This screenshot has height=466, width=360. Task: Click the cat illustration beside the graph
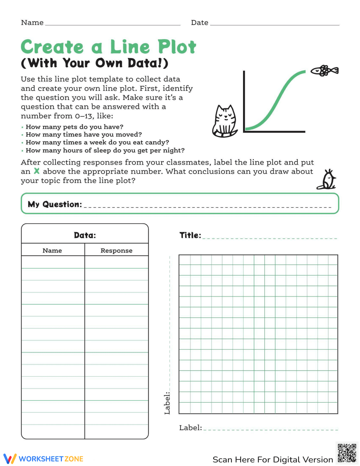[225, 122]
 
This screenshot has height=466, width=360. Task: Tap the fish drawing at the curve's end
[324, 71]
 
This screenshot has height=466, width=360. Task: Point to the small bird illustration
[327, 179]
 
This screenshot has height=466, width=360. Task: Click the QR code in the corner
[347, 453]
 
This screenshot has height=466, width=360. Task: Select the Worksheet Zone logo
[44, 459]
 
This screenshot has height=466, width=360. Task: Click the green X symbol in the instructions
[36, 171]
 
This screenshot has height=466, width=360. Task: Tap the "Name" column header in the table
[52, 251]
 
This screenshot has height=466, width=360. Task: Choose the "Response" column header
[116, 251]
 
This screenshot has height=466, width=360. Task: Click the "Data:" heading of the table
[85, 236]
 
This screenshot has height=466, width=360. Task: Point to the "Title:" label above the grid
[190, 235]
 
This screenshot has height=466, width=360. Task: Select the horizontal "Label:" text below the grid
[190, 428]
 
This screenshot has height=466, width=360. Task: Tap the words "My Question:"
[55, 204]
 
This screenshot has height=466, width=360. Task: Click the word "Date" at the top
[199, 23]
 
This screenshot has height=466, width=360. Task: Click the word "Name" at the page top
[32, 23]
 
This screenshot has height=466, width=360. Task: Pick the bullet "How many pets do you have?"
[74, 127]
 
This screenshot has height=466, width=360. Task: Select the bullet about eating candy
[97, 142]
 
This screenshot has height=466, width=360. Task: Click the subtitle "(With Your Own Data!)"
[95, 63]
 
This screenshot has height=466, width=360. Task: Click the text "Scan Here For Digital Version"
[273, 460]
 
